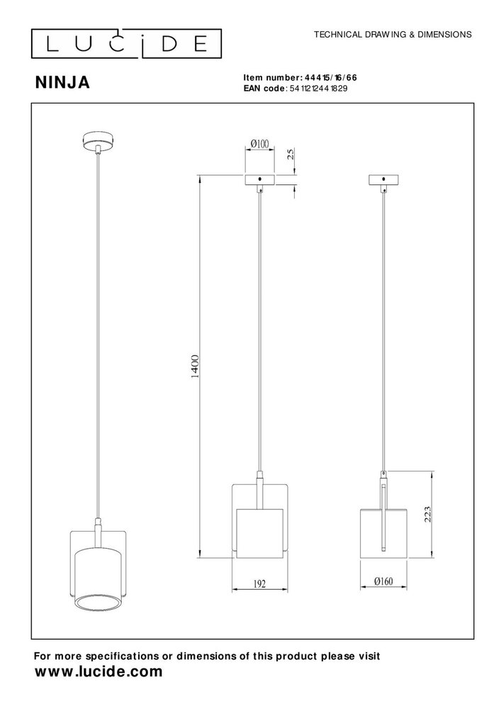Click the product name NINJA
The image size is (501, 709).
point(62,83)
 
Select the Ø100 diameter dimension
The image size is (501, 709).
point(259,145)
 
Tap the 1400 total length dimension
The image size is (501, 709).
point(195,367)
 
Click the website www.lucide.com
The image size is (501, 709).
point(98,671)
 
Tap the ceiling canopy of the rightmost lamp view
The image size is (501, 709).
point(384,179)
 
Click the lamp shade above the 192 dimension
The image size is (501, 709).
point(259,532)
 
